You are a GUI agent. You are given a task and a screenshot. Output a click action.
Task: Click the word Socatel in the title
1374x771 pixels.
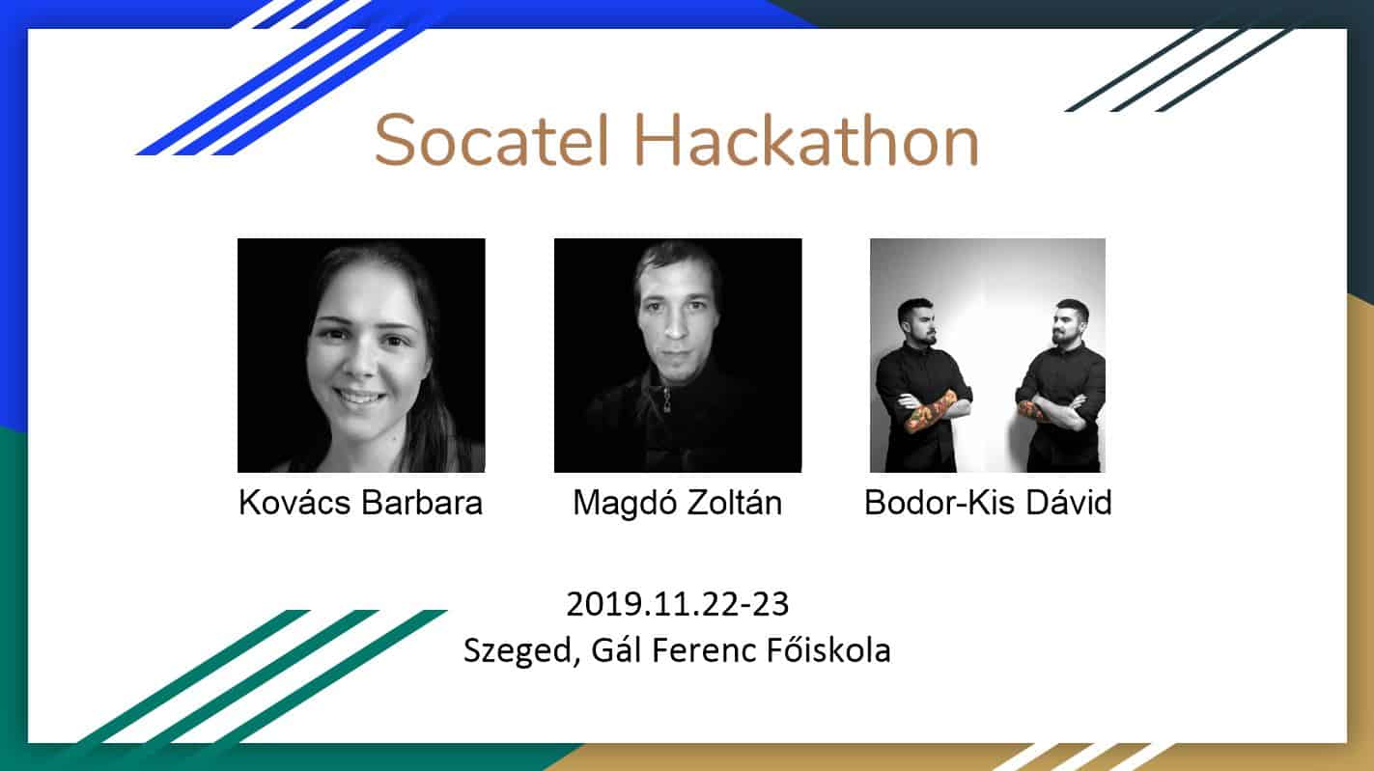point(491,140)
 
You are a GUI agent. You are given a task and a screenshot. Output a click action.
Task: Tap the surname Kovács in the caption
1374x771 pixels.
point(294,503)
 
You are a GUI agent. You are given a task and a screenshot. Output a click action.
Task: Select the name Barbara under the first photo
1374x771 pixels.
point(422,503)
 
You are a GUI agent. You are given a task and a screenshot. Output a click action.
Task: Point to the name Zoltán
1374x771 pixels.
point(734,503)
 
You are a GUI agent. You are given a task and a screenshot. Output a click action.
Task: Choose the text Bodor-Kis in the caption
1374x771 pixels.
point(939,503)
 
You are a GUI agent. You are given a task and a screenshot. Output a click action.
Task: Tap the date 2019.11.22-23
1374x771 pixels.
point(677,604)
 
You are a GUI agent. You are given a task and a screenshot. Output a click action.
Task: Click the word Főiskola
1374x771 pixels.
point(828,649)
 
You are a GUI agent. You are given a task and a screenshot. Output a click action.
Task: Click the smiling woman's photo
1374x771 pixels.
point(361,355)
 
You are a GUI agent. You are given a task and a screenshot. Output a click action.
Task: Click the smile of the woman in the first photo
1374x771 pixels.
point(359,399)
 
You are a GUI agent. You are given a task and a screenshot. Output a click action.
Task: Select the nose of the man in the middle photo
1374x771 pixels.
point(674,326)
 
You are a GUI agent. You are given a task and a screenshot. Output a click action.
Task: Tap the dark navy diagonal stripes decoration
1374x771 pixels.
point(1178,69)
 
